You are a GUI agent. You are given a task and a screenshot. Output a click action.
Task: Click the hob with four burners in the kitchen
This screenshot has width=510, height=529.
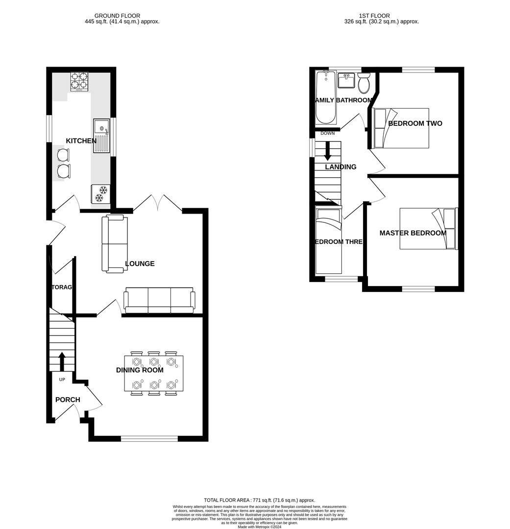[79, 82]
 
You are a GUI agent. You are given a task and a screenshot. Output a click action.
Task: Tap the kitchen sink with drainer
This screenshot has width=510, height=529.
[101, 136]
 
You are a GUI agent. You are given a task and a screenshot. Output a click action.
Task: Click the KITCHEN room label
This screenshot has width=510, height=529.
[81, 141]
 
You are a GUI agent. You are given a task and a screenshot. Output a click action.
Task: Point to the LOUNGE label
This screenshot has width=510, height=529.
[140, 264]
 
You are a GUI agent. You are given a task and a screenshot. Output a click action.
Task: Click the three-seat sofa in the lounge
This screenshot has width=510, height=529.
[159, 300]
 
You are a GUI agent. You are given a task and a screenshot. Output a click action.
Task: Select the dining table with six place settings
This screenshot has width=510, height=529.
[154, 373]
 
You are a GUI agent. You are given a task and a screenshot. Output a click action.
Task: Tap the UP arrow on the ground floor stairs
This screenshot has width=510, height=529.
[62, 361]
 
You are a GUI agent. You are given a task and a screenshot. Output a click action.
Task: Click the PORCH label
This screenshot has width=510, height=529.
[68, 400]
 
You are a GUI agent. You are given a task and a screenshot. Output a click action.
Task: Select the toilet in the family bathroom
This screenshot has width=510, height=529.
[364, 84]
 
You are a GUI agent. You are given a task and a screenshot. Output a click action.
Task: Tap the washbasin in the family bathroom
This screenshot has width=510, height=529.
[346, 80]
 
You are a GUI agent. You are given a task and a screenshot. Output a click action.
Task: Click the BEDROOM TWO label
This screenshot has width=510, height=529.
[415, 123]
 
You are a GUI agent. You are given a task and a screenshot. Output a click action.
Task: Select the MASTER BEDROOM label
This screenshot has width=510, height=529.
[413, 233]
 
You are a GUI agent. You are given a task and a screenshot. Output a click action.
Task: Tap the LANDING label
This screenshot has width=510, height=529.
[340, 167]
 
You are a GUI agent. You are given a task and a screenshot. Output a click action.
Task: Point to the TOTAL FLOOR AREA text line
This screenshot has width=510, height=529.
[259, 500]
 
